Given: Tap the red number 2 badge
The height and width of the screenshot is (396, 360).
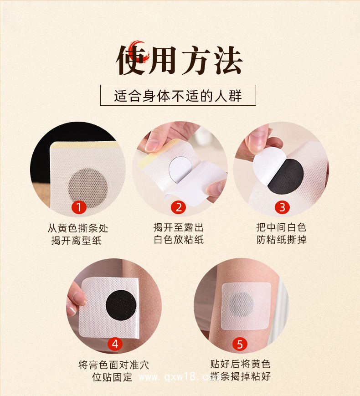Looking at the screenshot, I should (x=178, y=208).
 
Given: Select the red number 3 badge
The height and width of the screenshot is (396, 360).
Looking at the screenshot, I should (x=282, y=208).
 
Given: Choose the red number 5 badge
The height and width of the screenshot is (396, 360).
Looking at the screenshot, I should (x=241, y=344).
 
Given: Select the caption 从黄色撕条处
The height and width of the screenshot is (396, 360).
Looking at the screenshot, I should (x=78, y=228).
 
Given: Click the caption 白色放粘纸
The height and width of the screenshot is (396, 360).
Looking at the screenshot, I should (x=179, y=240).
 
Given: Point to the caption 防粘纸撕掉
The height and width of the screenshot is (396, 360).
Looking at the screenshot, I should (x=281, y=240).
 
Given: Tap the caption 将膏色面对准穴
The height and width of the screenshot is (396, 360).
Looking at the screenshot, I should (x=113, y=365).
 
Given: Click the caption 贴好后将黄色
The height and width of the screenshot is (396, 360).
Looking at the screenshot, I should (x=240, y=364).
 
